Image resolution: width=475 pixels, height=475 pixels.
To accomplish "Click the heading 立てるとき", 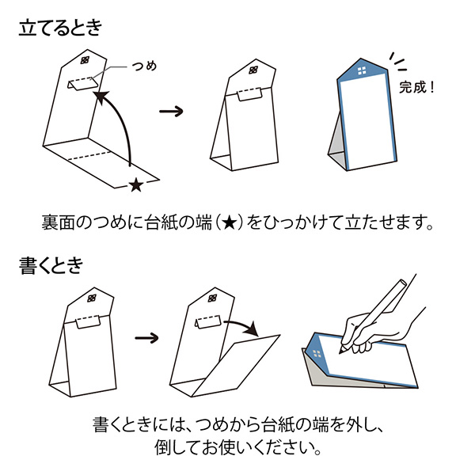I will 61,31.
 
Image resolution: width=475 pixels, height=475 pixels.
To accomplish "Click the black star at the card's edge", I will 135,185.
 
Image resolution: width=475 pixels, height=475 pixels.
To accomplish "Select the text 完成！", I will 416,86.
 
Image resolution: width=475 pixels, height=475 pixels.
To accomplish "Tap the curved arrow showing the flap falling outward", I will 242,324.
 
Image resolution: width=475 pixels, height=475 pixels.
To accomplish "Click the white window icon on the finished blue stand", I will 361,72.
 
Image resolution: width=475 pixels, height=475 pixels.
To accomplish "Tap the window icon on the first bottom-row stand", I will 93,298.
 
